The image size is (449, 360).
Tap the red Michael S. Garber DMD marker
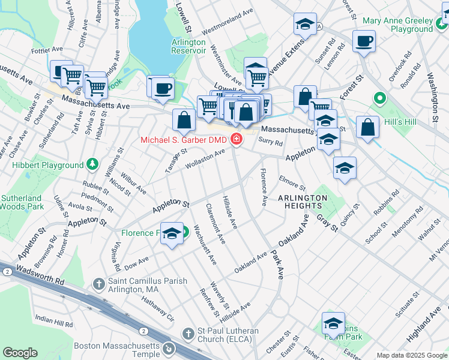(237, 140)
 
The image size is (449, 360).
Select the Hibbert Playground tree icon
(92, 164)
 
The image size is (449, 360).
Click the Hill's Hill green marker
(379, 98)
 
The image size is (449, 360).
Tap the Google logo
(20, 353)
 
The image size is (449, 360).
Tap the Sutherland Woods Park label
(21, 202)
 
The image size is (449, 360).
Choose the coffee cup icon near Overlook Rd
(364, 41)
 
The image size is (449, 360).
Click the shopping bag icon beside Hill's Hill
(367, 127)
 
